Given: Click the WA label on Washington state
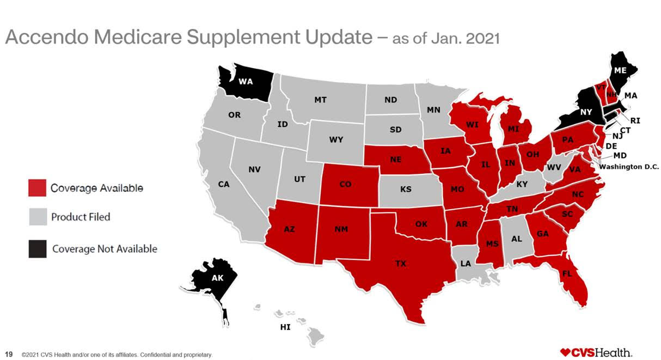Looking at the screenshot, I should tap(246, 82).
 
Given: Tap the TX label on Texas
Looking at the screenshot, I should tap(400, 264).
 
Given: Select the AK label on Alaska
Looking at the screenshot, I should tap(217, 278).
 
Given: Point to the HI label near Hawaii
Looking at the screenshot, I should tap(285, 327).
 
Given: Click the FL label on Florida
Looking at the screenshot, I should tap(566, 273).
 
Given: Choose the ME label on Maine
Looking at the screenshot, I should tap(620, 71).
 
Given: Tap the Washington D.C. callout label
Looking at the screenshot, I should tap(629, 167).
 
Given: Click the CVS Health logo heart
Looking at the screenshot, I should tap(565, 352).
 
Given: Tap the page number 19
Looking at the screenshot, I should tap(8, 355).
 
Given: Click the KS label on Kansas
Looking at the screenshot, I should tap(406, 190).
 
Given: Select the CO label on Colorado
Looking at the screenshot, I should tap(345, 184).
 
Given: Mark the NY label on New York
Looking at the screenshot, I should tap(586, 112).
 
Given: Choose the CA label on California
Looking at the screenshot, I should tap(224, 184).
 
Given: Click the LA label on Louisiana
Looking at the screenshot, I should tap(466, 264).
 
